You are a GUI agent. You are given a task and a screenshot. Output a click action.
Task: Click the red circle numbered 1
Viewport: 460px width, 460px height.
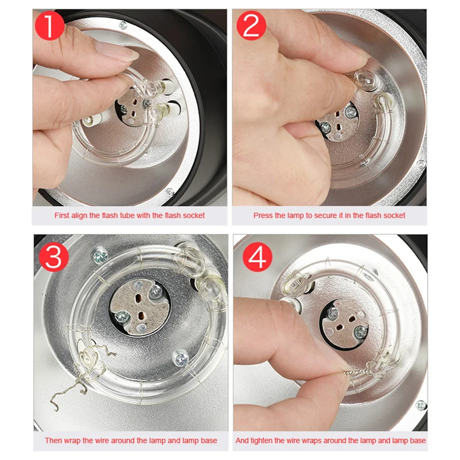pyautogui.click(x=49, y=25)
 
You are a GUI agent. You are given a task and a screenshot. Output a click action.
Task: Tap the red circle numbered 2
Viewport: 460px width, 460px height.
pyautogui.click(x=251, y=25)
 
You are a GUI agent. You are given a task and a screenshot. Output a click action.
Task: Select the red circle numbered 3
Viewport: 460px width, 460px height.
pyautogui.click(x=54, y=257)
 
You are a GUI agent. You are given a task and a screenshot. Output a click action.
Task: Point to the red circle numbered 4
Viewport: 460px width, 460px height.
pyautogui.click(x=257, y=257)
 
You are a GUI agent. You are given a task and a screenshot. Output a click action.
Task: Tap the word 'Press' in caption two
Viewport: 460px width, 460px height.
pyautogui.click(x=263, y=215)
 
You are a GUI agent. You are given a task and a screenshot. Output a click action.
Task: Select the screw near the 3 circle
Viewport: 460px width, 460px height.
pyautogui.click(x=100, y=256)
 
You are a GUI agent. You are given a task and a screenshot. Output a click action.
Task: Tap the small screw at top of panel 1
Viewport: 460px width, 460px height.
pyautogui.click(x=123, y=25)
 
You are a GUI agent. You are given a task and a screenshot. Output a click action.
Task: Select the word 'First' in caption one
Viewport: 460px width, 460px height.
pyautogui.click(x=62, y=215)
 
